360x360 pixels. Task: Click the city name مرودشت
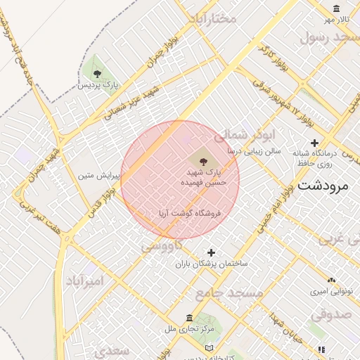323,186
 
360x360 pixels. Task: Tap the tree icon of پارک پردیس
97,72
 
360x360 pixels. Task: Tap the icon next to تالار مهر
337,8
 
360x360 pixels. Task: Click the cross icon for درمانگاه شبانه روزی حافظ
314,143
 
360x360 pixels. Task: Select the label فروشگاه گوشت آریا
187,212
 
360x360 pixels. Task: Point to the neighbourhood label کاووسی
162,246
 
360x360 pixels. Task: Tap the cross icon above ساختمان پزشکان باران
211,252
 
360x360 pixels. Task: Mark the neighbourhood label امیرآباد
84,281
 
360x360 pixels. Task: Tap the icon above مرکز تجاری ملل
189,318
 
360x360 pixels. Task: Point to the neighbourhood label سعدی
112,350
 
